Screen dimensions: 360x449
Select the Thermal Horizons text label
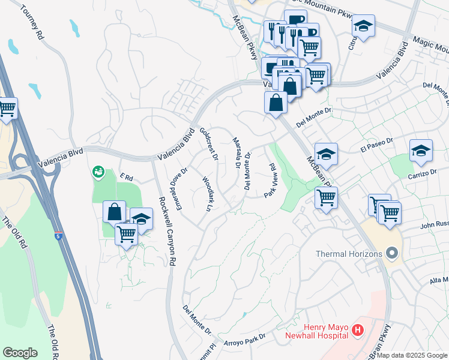click(x=349, y=254)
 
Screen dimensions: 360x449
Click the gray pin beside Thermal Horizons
click(x=393, y=253)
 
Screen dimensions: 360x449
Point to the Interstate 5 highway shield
click(x=58, y=236)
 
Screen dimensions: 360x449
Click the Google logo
click(x=20, y=353)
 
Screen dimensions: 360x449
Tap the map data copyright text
click(x=412, y=355)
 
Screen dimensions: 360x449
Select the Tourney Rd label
click(x=32, y=23)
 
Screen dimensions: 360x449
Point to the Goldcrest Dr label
click(x=208, y=143)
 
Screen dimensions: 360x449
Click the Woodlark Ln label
click(x=207, y=193)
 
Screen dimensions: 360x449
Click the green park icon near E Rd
click(x=98, y=173)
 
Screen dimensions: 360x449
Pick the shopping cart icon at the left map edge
click(x=6, y=109)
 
